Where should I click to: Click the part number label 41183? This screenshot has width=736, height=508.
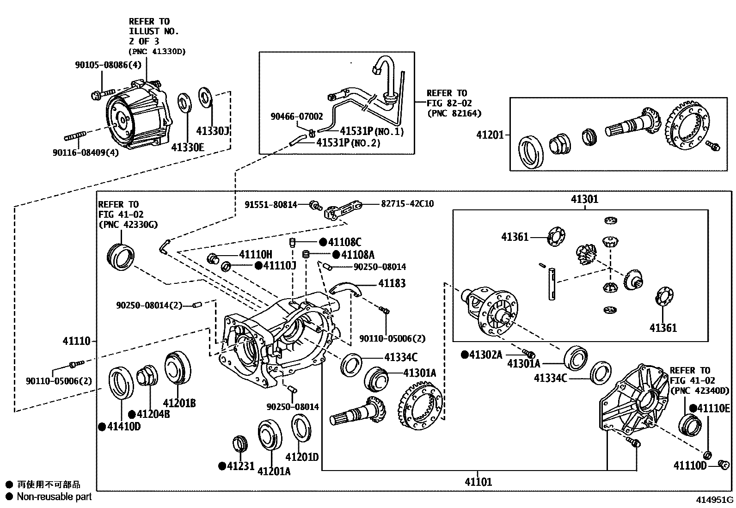(392, 283)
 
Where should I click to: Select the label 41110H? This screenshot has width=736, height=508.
(255, 254)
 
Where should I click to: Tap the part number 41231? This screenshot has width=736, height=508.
(240, 466)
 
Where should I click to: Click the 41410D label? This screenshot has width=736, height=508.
(124, 427)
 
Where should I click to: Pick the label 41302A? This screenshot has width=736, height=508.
(485, 355)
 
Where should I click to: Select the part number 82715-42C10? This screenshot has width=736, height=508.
(407, 203)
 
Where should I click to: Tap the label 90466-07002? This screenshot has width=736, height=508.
(297, 117)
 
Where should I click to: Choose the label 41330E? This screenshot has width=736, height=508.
(188, 147)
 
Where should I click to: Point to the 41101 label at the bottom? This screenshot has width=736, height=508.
(478, 482)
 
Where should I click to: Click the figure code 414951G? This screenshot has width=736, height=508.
(716, 500)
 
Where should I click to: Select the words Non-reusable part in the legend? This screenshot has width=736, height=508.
(54, 496)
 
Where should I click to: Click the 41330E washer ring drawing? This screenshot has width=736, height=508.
(185, 103)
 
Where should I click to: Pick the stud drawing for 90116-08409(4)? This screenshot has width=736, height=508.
(76, 136)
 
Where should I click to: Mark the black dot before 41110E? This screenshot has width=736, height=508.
(693, 408)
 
